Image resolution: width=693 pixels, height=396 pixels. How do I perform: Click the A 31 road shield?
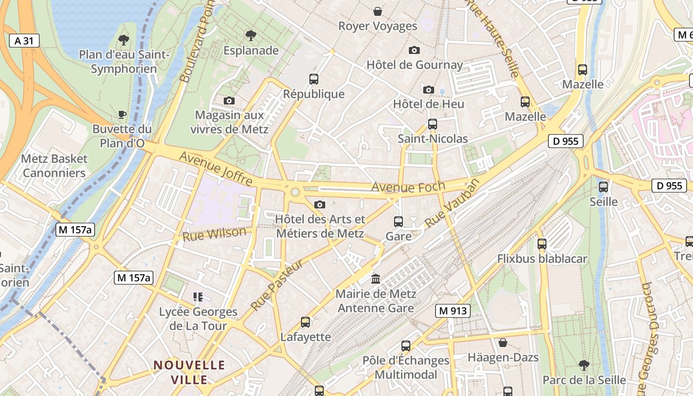tap(24, 41)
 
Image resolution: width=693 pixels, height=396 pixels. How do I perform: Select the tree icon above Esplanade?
tap(251, 36)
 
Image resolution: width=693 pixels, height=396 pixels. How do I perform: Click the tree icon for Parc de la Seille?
tap(584, 365)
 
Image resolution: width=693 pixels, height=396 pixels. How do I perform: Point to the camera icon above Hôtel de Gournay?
tap(414, 50)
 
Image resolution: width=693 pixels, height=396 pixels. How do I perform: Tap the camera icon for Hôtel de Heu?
tap(429, 90)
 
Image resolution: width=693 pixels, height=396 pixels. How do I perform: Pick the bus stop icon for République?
tap(314, 79)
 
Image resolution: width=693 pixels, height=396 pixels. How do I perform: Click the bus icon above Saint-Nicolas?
tap(433, 124)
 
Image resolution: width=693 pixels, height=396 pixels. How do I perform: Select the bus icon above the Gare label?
tap(398, 222)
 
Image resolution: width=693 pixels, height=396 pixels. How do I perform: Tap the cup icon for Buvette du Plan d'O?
tap(122, 115)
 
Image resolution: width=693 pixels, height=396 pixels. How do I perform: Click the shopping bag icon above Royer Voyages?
tap(378, 11)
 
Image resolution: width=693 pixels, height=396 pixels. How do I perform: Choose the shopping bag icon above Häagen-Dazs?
tap(503, 343)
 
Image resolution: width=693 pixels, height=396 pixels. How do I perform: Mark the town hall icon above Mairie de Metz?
tap(376, 279)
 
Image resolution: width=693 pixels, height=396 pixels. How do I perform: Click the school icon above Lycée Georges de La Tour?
tap(198, 297)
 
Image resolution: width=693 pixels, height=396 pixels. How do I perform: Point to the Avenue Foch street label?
tap(408, 187)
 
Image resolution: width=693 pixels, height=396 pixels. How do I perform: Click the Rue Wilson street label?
tap(214, 234)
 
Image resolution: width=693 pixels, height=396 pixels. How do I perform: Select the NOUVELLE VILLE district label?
tap(189, 372)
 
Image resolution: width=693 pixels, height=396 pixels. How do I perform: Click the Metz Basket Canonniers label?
tap(54, 166)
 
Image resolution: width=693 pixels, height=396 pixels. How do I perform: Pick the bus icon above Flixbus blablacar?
tap(542, 244)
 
